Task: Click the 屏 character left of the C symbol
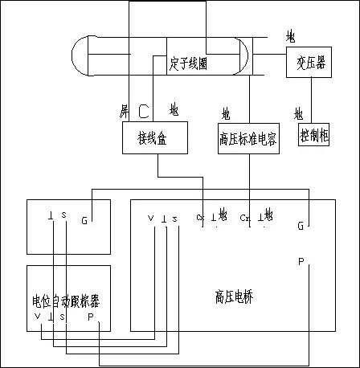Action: click(x=124, y=109)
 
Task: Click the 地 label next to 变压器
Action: click(x=290, y=37)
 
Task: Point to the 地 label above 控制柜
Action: click(x=298, y=112)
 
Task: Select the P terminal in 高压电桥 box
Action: click(x=301, y=262)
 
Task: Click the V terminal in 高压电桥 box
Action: click(x=150, y=219)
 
